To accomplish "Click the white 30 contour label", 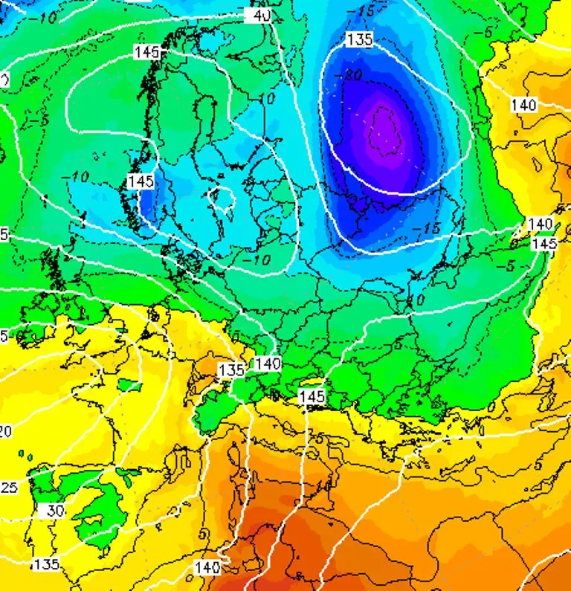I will (x=55, y=511).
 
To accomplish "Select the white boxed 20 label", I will (x=5, y=431).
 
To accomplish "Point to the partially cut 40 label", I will (x=260, y=14).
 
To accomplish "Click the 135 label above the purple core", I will (x=360, y=39).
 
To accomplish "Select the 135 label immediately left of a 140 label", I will (x=232, y=369).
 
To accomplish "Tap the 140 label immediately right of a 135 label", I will (x=268, y=364).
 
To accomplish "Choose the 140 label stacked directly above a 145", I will (x=541, y=224).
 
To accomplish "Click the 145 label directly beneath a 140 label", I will (x=545, y=243).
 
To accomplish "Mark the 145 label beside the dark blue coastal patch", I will (x=141, y=181).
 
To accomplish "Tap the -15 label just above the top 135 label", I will (x=364, y=13).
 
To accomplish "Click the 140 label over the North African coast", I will (x=207, y=567).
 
